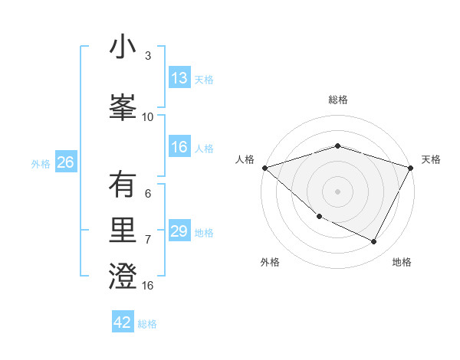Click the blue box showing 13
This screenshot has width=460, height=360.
pyautogui.click(x=179, y=78)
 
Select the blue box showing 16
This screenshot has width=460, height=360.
pyautogui.click(x=179, y=148)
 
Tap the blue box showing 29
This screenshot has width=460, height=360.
pyautogui.click(x=179, y=231)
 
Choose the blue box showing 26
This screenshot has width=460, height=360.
pyautogui.click(x=65, y=162)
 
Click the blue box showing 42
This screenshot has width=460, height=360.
pyautogui.click(x=123, y=322)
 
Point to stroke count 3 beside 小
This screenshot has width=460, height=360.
pyautogui.click(x=148, y=56)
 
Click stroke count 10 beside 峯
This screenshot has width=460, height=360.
pyautogui.click(x=148, y=117)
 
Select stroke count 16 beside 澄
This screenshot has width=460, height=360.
pyautogui.click(x=148, y=286)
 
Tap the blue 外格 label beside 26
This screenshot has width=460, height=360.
pyautogui.click(x=41, y=163)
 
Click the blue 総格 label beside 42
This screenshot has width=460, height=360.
pyautogui.click(x=147, y=324)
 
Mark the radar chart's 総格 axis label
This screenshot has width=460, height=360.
pyautogui.click(x=338, y=100)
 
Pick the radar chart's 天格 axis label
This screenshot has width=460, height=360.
pyautogui.click(x=432, y=159)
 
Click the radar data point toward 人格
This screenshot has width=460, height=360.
pyautogui.click(x=265, y=167)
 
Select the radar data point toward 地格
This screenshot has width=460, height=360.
pyautogui.click(x=374, y=242)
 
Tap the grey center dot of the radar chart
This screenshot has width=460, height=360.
pyautogui.click(x=338, y=191)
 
